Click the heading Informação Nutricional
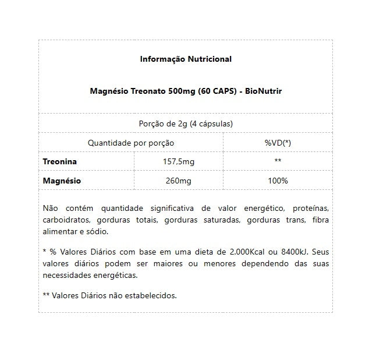(x=186, y=59)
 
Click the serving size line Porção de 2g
(x=186, y=123)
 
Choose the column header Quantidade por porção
(x=130, y=143)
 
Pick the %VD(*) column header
(x=278, y=143)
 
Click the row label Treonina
(x=60, y=161)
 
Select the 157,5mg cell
(x=178, y=161)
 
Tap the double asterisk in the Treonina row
(x=278, y=161)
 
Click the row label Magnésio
(x=62, y=181)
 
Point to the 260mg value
(x=178, y=181)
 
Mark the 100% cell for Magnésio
(x=278, y=181)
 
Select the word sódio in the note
(x=97, y=231)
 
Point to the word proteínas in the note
(x=310, y=209)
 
